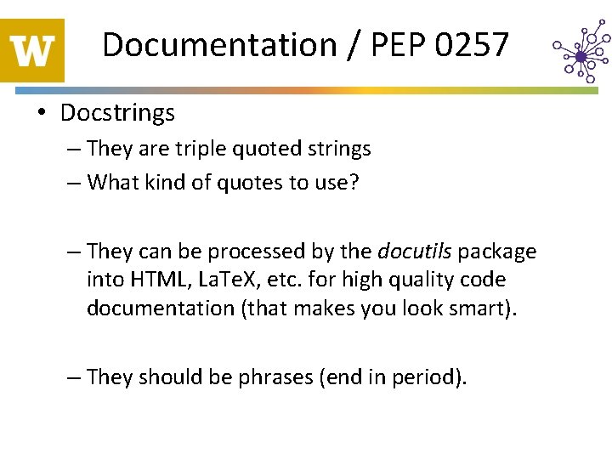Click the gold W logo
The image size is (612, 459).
32,50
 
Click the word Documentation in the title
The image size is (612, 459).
219,44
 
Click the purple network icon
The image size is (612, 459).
580,55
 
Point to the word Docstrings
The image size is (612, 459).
117,112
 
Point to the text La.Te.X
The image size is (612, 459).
224,280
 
